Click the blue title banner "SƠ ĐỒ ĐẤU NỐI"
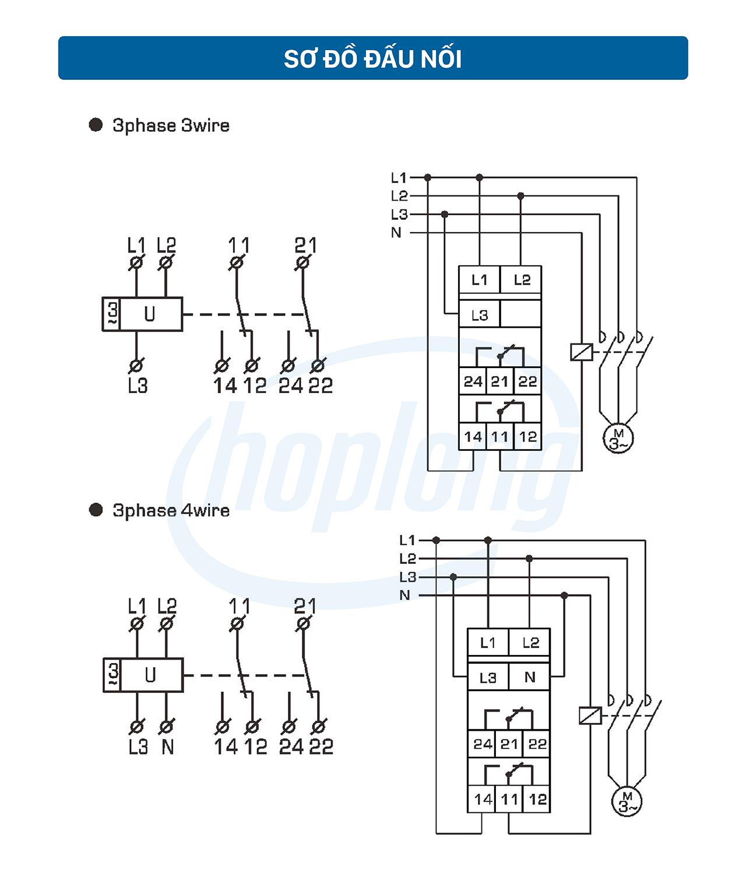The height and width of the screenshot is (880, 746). pos(373,58)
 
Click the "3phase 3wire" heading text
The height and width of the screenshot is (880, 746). pos(171,125)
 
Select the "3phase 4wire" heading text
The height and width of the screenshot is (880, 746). pos(171,510)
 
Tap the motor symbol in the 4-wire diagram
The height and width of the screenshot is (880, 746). pos(627,802)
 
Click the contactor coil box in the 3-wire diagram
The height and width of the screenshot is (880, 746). pos(581,352)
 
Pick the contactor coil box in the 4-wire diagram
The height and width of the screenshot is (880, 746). pos(590,715)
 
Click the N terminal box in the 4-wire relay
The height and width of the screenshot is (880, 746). pos(529,677)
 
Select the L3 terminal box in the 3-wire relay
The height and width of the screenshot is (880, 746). pos(479,315)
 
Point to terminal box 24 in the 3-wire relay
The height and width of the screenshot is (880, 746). pos(473,381)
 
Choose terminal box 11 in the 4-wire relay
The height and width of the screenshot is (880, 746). pos(509,799)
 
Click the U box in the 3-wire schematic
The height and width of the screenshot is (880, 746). pos(150,314)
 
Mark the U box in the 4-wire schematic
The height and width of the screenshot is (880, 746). pos(151,675)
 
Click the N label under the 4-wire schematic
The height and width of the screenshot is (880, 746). pos(168,747)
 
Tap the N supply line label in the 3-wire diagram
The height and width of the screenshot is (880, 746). pos(396,233)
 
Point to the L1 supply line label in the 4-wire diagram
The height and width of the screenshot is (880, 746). pos(407,541)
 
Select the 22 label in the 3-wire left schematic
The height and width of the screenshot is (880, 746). pos(320,385)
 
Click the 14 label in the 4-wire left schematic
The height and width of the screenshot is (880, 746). pos(226,747)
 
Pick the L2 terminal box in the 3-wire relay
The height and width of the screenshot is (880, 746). pos(522,280)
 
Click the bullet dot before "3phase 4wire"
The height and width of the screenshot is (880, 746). pos(96,510)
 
